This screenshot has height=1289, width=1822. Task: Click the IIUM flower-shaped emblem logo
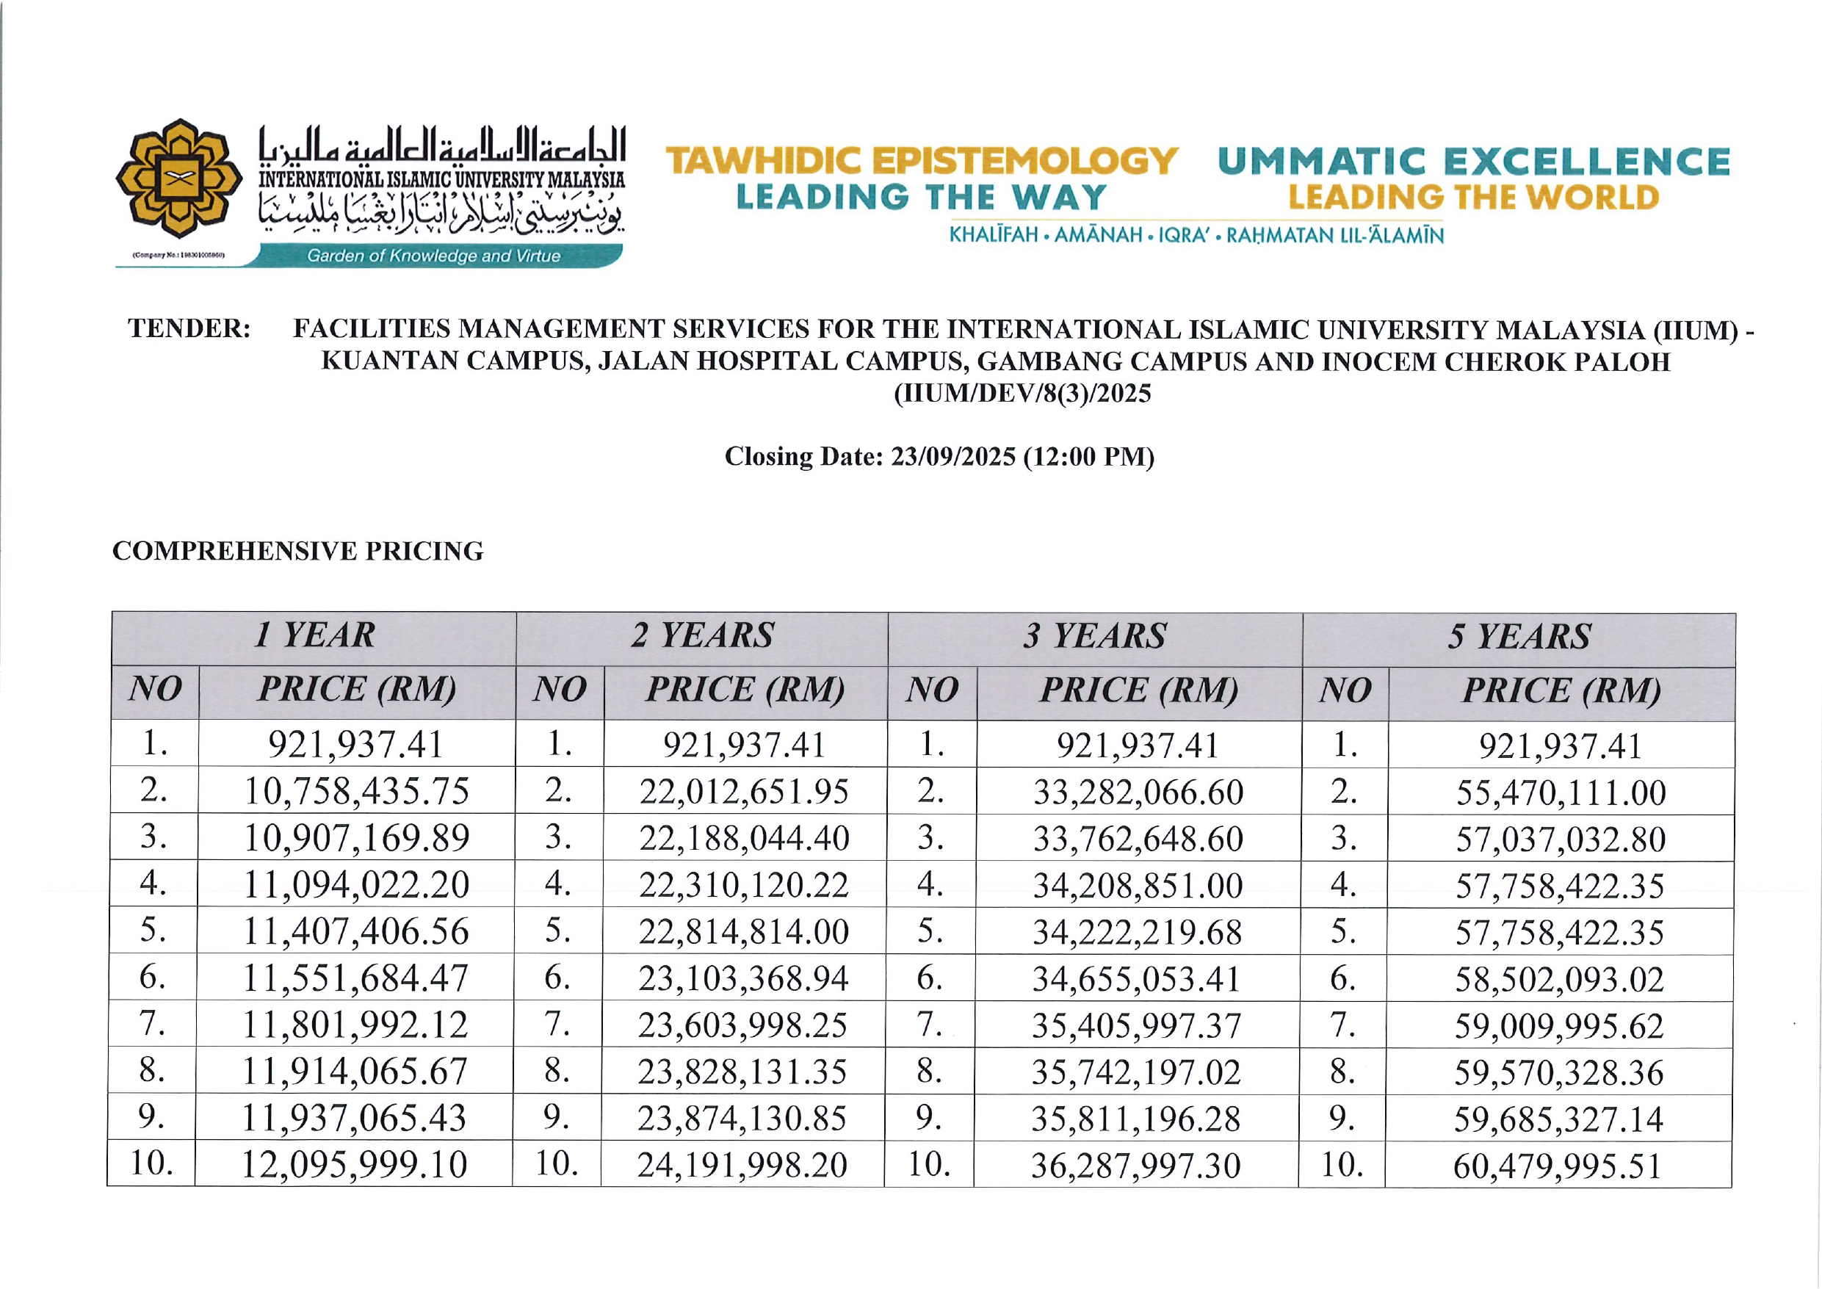coord(178,178)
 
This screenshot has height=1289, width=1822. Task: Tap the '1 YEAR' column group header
coord(314,636)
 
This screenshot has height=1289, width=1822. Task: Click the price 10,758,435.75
coord(356,791)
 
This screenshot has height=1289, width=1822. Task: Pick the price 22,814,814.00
coord(743,932)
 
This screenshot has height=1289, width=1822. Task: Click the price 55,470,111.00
coord(1560,793)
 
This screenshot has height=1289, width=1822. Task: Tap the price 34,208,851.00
coord(1137,886)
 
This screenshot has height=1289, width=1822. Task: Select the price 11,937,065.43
coord(354,1119)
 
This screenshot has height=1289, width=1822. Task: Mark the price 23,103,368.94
coord(743,978)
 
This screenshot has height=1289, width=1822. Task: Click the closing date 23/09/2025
coord(952,456)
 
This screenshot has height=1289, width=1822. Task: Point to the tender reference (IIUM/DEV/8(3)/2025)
coord(1022,394)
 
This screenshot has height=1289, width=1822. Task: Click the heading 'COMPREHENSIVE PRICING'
coord(297,551)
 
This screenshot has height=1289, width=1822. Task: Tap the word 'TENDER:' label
coord(189,328)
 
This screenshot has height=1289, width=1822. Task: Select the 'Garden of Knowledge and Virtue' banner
coord(433,256)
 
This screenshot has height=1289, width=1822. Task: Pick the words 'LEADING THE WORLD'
coord(1473,198)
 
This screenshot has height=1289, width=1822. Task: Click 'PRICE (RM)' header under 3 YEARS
coord(1139,690)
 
